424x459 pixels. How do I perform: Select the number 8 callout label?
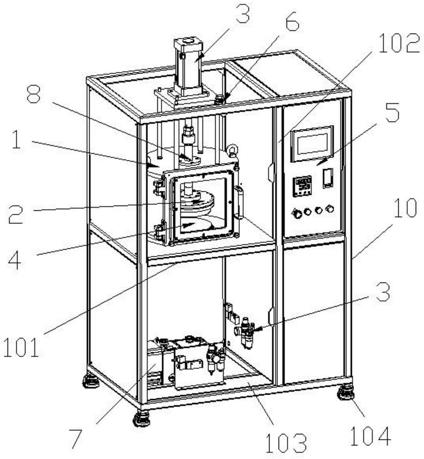(33, 94)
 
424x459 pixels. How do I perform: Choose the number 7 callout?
(76, 438)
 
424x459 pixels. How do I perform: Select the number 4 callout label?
(15, 258)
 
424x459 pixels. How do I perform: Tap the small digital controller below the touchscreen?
(302, 186)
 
